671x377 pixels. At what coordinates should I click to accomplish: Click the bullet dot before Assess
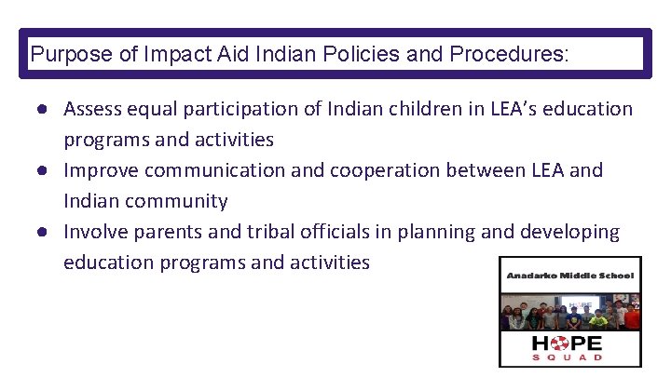tap(44, 110)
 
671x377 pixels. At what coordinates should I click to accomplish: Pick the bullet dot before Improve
tap(44, 171)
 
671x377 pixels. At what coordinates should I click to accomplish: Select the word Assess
tap(93, 109)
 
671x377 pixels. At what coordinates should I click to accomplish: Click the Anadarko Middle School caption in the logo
tap(569, 276)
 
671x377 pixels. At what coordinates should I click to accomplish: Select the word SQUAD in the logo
tap(568, 357)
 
